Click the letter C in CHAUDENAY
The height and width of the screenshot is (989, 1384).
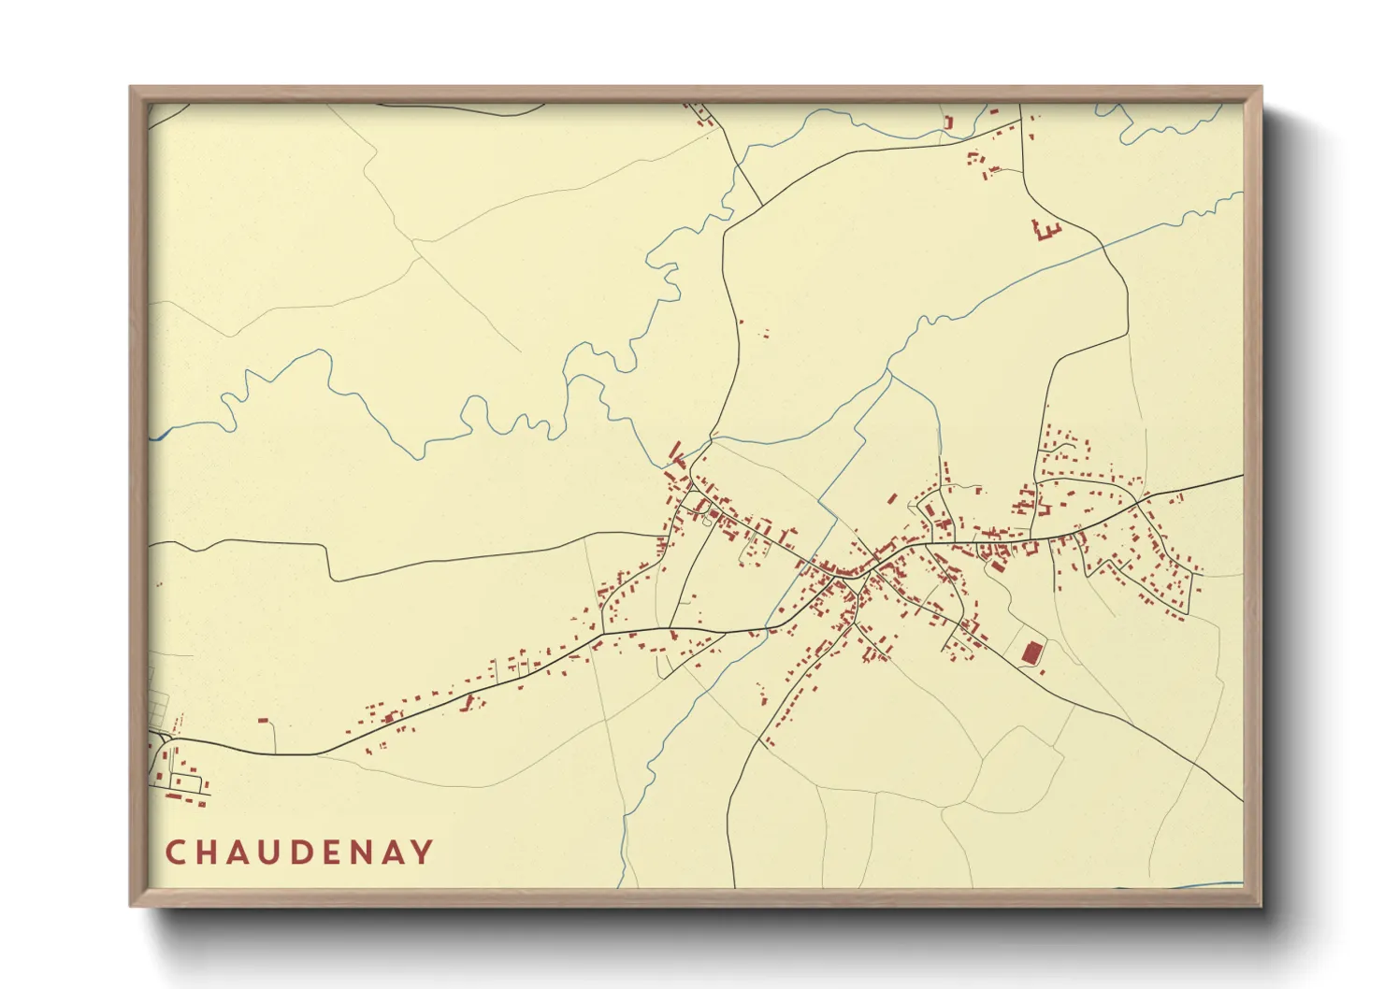[176, 853]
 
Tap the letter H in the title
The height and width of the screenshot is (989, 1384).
[209, 853]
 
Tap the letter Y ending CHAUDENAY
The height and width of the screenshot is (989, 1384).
[423, 853]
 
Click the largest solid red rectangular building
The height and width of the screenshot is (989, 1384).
[1031, 652]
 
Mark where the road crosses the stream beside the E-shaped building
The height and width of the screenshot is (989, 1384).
[1103, 246]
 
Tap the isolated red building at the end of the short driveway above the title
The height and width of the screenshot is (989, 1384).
[264, 720]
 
